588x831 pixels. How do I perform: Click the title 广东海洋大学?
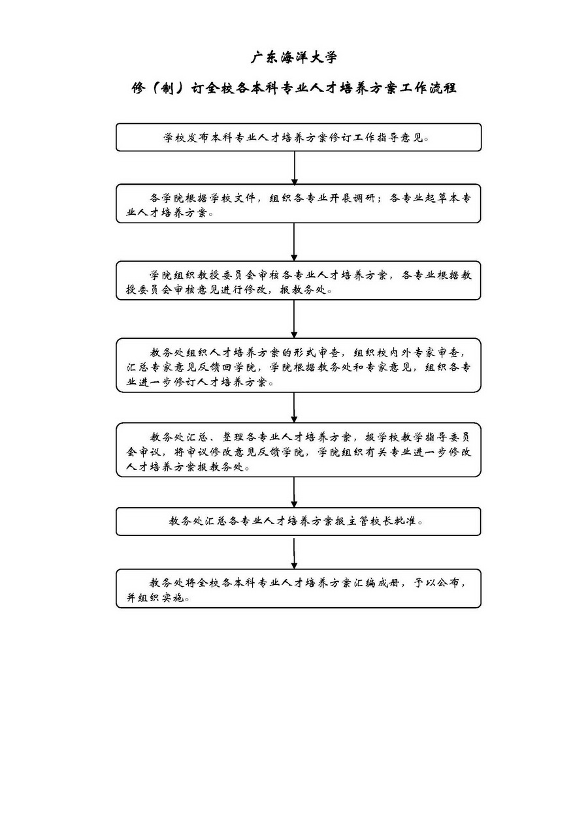point(294,57)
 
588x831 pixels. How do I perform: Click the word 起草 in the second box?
point(437,198)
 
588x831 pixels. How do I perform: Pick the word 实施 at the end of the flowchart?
point(174,598)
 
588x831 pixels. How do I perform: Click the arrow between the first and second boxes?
point(294,168)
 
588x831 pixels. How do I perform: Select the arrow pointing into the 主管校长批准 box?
point(294,492)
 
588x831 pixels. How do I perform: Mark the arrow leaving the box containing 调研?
point(294,242)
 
